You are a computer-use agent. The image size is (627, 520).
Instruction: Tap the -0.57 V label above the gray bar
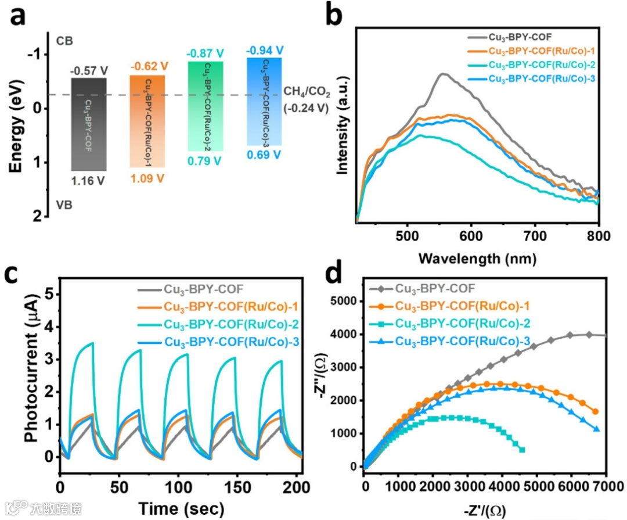(89, 71)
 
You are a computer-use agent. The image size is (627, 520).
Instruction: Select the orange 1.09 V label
(147, 179)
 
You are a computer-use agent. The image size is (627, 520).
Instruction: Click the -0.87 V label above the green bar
(205, 53)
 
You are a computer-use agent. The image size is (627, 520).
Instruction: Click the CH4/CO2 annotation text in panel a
(306, 99)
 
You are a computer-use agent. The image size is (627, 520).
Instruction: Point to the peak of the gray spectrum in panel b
(444, 74)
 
